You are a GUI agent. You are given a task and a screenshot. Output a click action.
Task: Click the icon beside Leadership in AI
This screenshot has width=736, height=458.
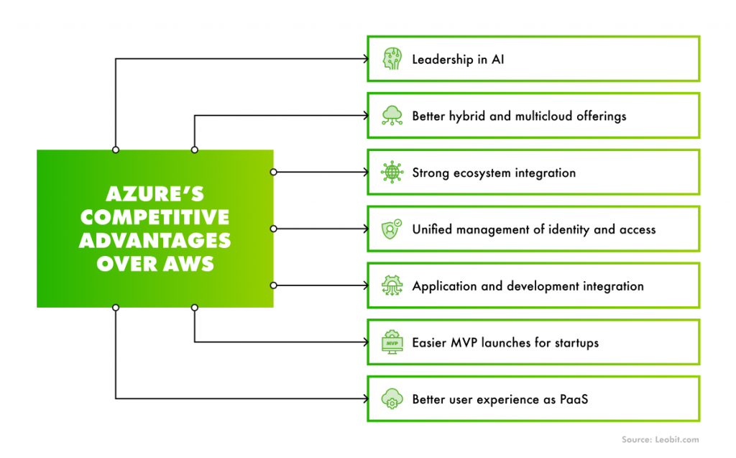(392, 59)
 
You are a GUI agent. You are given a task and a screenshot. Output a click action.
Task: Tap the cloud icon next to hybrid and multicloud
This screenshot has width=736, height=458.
(392, 116)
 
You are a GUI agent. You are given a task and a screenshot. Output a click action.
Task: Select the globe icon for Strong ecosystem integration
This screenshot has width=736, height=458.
(392, 173)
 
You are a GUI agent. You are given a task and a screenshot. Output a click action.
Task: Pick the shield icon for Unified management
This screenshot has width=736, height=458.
(392, 229)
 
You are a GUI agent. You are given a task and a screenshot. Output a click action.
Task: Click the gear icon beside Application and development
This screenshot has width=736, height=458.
(392, 286)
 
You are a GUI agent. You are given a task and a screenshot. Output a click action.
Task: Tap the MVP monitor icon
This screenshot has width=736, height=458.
(392, 342)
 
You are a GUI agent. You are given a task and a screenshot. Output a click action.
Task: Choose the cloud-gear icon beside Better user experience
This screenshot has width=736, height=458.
(392, 399)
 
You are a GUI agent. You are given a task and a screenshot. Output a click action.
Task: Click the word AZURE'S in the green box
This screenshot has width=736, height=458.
(155, 195)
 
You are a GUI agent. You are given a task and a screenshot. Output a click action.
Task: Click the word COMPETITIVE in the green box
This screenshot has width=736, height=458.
(155, 217)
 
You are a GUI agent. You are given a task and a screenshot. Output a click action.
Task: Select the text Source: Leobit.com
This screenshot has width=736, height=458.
(660, 439)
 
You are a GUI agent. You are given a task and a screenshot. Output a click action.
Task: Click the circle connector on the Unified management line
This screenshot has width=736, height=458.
(273, 229)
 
